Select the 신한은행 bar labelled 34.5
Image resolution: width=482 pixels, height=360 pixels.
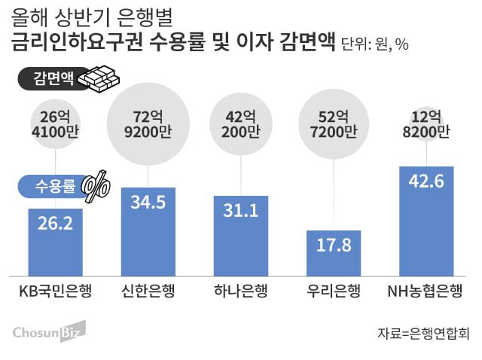coord(148,230)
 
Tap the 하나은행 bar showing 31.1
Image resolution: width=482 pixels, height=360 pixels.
coord(241,235)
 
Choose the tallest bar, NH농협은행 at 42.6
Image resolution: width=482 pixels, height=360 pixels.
coord(426,220)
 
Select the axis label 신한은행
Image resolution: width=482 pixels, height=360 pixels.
coord(148,291)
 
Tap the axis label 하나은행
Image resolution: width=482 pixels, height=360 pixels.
coord(241,291)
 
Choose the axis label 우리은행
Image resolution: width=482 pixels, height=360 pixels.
coord(334,291)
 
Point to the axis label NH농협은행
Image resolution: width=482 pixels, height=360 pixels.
coord(426,291)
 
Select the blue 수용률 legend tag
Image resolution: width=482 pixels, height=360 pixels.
coord(48,185)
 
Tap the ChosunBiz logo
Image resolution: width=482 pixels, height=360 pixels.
coord(49,331)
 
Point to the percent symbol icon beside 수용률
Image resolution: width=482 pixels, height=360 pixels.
coord(94,185)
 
